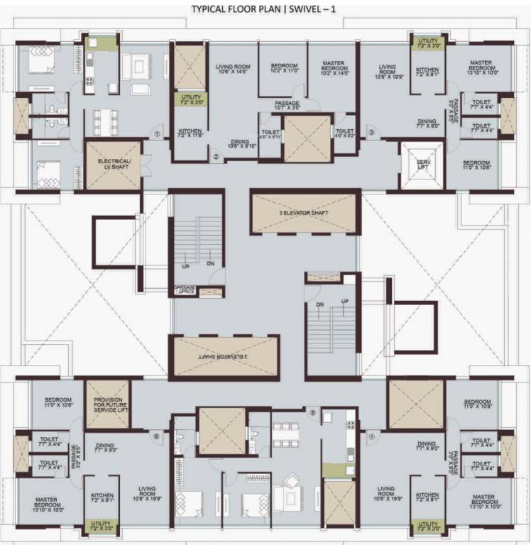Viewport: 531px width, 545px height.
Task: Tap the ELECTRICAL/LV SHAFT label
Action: coord(114,164)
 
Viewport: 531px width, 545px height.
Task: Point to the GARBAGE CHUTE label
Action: coord(185,290)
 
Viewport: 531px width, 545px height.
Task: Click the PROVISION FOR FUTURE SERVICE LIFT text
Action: coord(108,404)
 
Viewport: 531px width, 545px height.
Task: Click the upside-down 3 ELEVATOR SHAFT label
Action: coord(224,357)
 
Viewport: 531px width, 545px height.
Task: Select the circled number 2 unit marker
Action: coord(216,157)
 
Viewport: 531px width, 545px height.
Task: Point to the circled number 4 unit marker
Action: coord(371,436)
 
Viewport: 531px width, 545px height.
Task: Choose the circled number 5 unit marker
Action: coord(312,412)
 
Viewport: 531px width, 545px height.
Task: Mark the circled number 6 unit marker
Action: coord(156,436)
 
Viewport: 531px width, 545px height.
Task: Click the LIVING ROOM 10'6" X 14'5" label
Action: coord(233,69)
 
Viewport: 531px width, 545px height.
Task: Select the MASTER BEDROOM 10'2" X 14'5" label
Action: coord(333,68)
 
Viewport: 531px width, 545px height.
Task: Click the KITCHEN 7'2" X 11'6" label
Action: coord(190,133)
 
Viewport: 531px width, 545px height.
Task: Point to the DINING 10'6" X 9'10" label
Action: coord(241,143)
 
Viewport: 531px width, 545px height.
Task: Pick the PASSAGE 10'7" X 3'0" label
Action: coord(287,106)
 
